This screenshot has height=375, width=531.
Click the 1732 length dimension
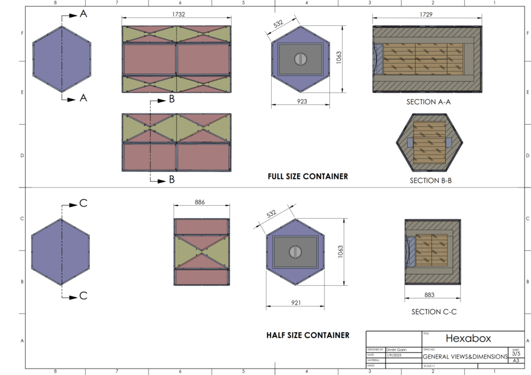coord(178,15)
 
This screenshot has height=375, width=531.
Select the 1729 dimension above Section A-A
coord(427,15)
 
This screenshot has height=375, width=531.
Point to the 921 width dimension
coord(295,302)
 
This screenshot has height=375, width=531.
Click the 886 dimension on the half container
coord(200,202)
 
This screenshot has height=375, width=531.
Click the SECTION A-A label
coord(428,101)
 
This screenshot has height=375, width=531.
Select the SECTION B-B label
coord(430,180)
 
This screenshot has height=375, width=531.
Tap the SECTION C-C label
coord(434,312)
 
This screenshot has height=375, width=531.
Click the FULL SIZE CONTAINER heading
coord(307,176)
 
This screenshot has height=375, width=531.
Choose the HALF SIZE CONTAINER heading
coord(307,335)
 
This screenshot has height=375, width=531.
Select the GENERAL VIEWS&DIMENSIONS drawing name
coord(465,356)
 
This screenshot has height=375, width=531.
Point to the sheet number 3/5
coord(516,354)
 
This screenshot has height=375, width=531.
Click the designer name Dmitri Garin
coord(396,349)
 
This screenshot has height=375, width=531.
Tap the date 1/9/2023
coord(394,355)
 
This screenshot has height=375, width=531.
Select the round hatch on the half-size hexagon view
coord(295,251)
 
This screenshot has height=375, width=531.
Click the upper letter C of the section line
coord(83,203)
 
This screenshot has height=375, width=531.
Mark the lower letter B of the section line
coord(171,179)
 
